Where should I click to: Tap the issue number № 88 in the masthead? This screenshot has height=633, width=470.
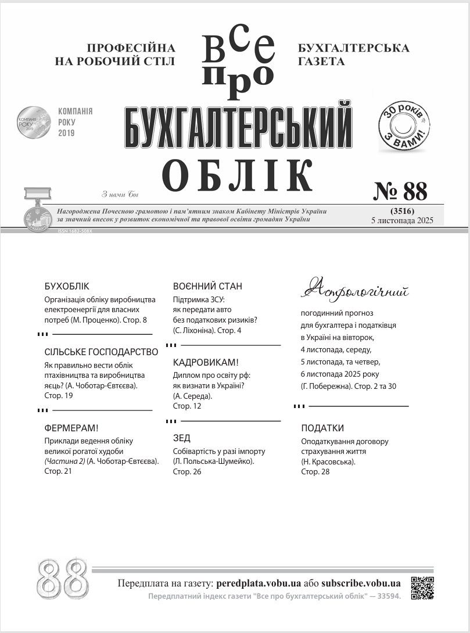click(x=399, y=191)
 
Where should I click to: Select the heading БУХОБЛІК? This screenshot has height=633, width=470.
click(x=67, y=287)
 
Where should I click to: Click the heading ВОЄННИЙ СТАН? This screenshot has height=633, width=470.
click(x=207, y=287)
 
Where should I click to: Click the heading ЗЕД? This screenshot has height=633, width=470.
click(x=182, y=438)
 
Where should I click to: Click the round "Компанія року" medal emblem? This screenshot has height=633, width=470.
click(x=33, y=122)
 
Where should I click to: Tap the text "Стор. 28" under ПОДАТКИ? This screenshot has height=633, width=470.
click(x=315, y=471)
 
